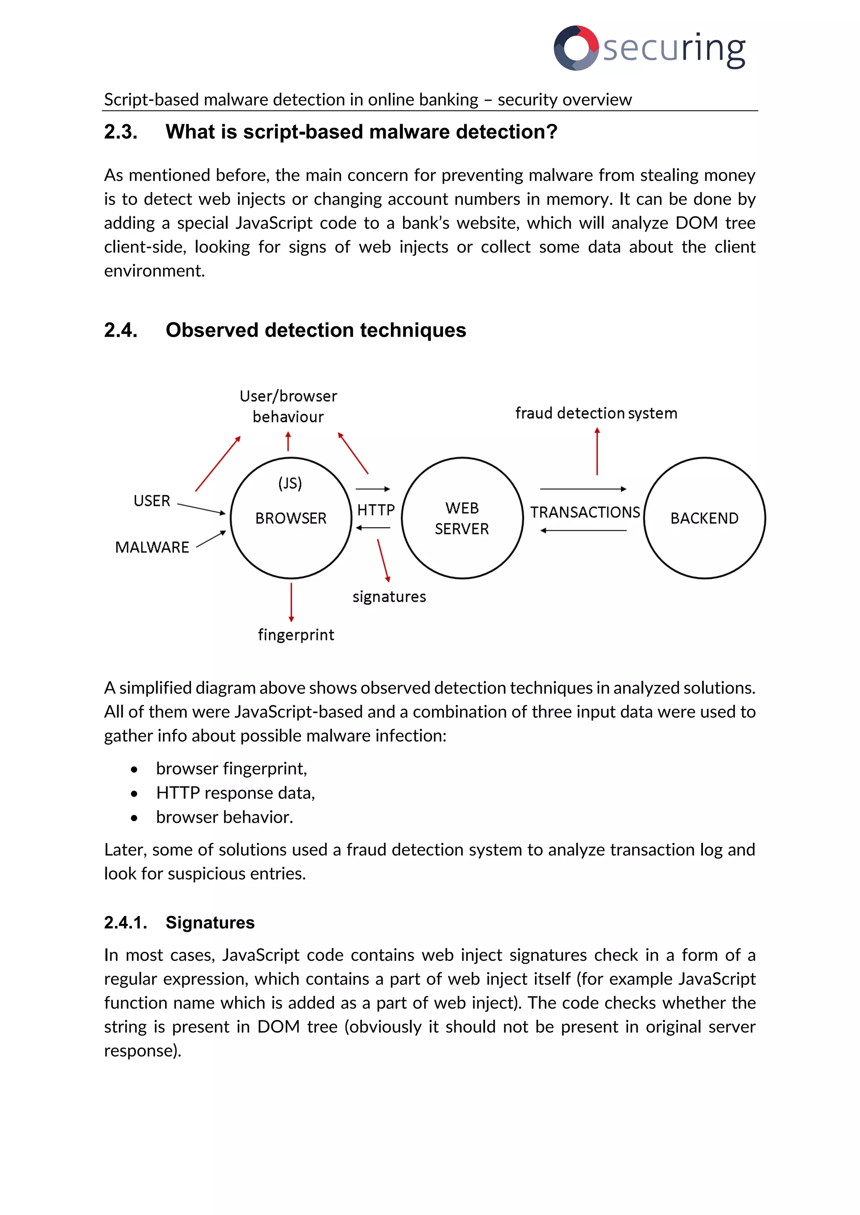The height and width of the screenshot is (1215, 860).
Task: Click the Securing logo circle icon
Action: (576, 48)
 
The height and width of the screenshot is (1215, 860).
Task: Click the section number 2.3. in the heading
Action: (121, 132)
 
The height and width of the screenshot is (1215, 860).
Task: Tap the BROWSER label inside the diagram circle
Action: (291, 518)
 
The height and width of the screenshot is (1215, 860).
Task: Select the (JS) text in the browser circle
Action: (290, 483)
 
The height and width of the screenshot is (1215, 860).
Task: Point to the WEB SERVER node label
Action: (462, 519)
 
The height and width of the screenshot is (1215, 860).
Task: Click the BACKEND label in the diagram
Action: (704, 518)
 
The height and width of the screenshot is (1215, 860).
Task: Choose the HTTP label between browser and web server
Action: (376, 510)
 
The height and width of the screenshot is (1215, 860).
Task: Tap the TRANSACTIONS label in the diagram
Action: (585, 512)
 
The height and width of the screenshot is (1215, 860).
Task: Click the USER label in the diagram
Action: (152, 501)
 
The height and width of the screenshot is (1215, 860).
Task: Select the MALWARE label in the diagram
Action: (152, 547)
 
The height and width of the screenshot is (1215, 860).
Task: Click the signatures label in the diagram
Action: (389, 597)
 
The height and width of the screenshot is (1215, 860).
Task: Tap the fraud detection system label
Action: (596, 413)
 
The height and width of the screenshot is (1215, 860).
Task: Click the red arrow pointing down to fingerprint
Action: (291, 602)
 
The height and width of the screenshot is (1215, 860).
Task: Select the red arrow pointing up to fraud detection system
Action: (598, 451)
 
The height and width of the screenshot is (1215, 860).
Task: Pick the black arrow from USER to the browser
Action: (201, 508)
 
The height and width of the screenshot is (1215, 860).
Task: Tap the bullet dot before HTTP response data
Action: (134, 794)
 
